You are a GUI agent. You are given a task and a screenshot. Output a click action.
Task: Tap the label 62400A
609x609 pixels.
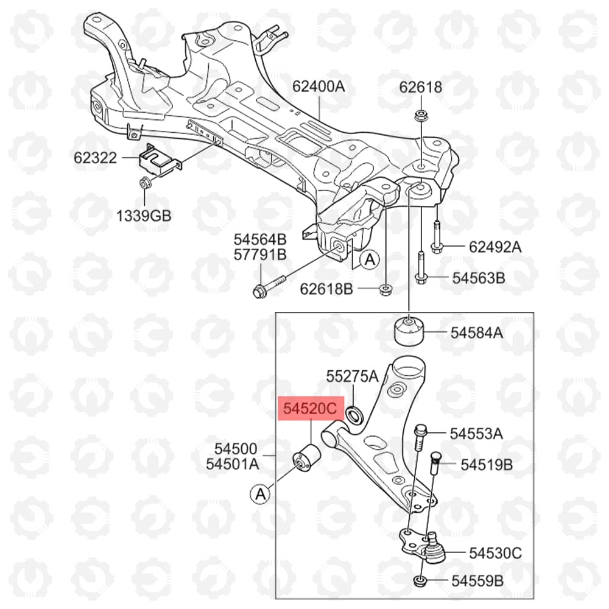pos(319,86)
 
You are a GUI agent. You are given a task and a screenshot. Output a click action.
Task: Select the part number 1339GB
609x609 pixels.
pos(144,216)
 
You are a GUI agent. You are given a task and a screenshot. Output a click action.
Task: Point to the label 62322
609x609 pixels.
pos(95,158)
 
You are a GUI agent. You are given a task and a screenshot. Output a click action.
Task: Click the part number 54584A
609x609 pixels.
pos(477,333)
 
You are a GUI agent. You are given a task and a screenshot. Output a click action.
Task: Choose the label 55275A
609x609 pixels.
pos(352,376)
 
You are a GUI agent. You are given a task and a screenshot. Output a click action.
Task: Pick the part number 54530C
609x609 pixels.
pos(495,553)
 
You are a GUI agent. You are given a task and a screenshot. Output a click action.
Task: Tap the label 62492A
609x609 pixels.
pos(495,247)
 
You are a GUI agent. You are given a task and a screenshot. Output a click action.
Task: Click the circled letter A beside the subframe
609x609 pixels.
pos(370,259)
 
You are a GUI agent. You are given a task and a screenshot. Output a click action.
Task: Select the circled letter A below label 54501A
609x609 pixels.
pos(260,494)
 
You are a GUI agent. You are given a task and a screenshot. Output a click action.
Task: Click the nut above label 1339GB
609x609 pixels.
pos(144,182)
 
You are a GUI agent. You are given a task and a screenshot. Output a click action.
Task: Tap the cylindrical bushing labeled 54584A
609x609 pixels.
pos(409,331)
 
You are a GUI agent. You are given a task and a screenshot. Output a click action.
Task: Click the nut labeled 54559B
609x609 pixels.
pos(420,582)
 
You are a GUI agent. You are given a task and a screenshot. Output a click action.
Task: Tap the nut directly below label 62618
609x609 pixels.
pos(420,116)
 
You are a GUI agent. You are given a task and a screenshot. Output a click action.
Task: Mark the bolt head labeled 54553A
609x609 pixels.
pos(420,429)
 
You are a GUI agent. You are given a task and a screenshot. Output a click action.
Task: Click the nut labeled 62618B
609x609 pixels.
pos(385,289)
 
